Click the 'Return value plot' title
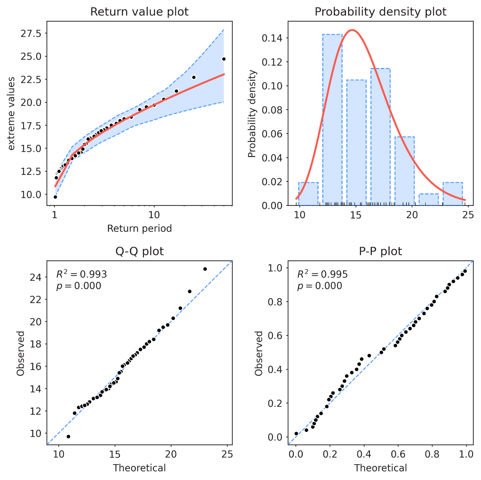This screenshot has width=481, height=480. (139, 12)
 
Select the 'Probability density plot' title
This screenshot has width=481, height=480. (380, 12)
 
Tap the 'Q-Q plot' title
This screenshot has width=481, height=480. (139, 252)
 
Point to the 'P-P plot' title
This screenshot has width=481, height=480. (380, 252)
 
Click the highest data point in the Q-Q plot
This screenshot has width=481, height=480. (205, 269)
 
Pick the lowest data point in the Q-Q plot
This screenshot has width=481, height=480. (68, 436)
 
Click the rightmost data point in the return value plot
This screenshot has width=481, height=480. (224, 59)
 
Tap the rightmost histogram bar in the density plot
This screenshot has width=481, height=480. (452, 194)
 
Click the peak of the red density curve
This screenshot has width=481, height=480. (352, 30)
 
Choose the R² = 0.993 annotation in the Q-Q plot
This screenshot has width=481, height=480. (81, 274)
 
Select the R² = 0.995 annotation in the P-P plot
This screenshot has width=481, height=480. (322, 274)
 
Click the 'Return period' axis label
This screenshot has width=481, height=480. (139, 228)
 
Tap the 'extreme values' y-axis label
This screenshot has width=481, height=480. (11, 114)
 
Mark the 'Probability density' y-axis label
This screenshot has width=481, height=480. (252, 114)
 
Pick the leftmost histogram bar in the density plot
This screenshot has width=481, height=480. (308, 194)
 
